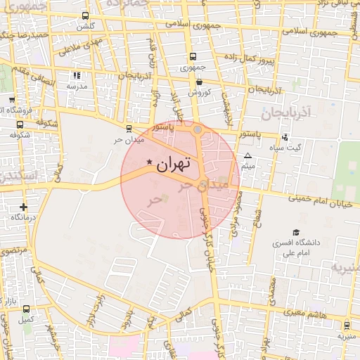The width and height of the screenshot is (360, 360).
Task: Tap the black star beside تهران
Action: tap(149, 162)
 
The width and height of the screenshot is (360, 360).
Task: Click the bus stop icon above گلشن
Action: tap(86, 16)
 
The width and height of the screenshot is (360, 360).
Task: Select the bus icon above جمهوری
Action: tap(192, 58)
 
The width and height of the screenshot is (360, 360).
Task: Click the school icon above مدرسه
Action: tap(77, 75)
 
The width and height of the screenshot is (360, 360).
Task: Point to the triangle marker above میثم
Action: tap(247, 155)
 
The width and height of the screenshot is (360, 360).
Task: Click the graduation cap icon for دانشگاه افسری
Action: tap(296, 232)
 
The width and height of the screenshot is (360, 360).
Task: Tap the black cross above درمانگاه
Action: tap(24, 207)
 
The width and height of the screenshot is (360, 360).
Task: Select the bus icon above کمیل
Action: tap(26, 309)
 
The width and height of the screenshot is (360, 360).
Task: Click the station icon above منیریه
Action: tap(346, 325)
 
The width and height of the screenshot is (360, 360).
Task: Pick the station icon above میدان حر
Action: tap(128, 128)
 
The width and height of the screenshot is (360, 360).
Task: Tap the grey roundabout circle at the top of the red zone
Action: tap(198, 129)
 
